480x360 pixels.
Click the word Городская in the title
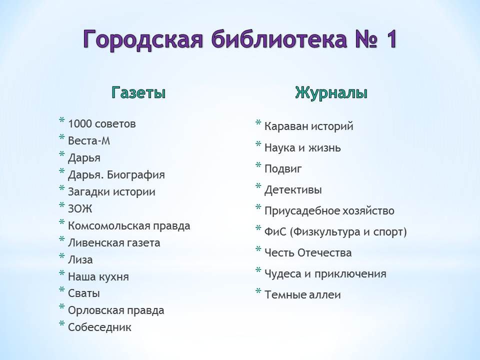143,39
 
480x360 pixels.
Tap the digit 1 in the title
390,39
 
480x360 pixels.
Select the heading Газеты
138,92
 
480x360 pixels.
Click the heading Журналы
331,92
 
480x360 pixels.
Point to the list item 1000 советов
101,123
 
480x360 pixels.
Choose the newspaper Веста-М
89,141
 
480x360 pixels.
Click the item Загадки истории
111,191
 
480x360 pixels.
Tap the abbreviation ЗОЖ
80,209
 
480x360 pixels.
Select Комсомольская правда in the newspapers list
129,226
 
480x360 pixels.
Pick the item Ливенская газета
114,243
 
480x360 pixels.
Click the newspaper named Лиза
80,259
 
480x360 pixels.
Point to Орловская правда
116,310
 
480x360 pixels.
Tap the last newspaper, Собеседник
99,327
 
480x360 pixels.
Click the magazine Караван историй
308,126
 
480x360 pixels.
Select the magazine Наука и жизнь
302,148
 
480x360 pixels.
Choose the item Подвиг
283,168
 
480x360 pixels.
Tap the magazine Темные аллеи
302,295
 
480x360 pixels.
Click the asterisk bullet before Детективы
258,186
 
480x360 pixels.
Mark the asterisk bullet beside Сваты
62,289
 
